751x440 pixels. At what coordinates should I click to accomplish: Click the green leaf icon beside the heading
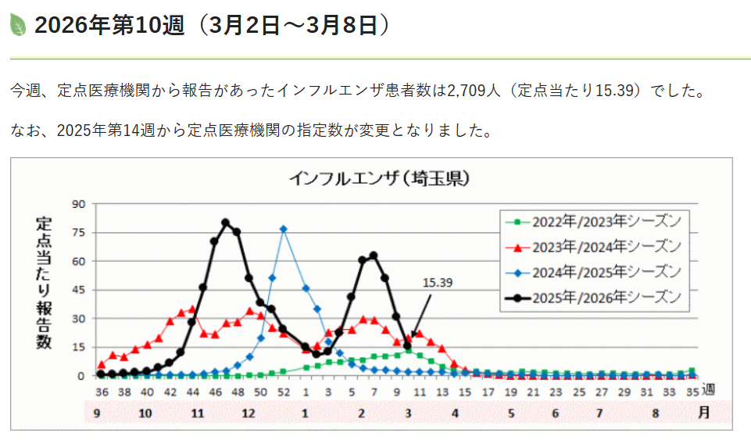click(x=18, y=25)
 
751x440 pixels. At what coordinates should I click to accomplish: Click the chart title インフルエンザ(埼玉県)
click(x=378, y=178)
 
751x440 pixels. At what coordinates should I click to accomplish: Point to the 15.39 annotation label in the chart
click(x=437, y=282)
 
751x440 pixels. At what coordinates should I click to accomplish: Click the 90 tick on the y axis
click(x=79, y=205)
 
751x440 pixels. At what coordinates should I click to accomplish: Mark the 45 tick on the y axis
click(x=79, y=290)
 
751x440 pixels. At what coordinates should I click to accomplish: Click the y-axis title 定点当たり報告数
click(x=44, y=281)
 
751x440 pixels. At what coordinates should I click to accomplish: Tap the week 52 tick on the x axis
click(x=283, y=392)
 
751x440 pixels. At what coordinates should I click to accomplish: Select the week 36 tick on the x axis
click(x=102, y=392)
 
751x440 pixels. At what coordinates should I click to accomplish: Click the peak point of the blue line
click(x=284, y=229)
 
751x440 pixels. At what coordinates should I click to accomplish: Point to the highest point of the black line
click(x=226, y=223)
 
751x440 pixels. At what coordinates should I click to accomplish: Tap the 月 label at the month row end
click(x=704, y=412)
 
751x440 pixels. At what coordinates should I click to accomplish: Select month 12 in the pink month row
click(x=249, y=412)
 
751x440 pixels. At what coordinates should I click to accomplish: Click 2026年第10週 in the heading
click(x=109, y=26)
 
